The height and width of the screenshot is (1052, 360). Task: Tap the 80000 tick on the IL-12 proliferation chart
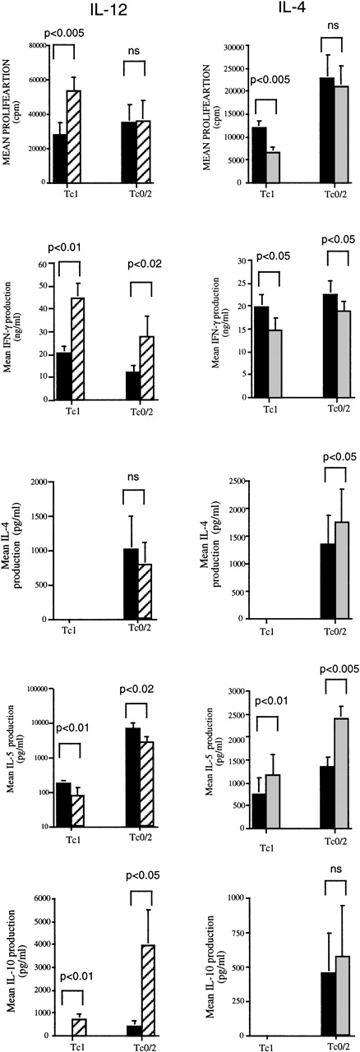(x=35, y=46)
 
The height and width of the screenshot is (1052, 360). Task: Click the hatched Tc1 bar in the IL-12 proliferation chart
(x=74, y=136)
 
